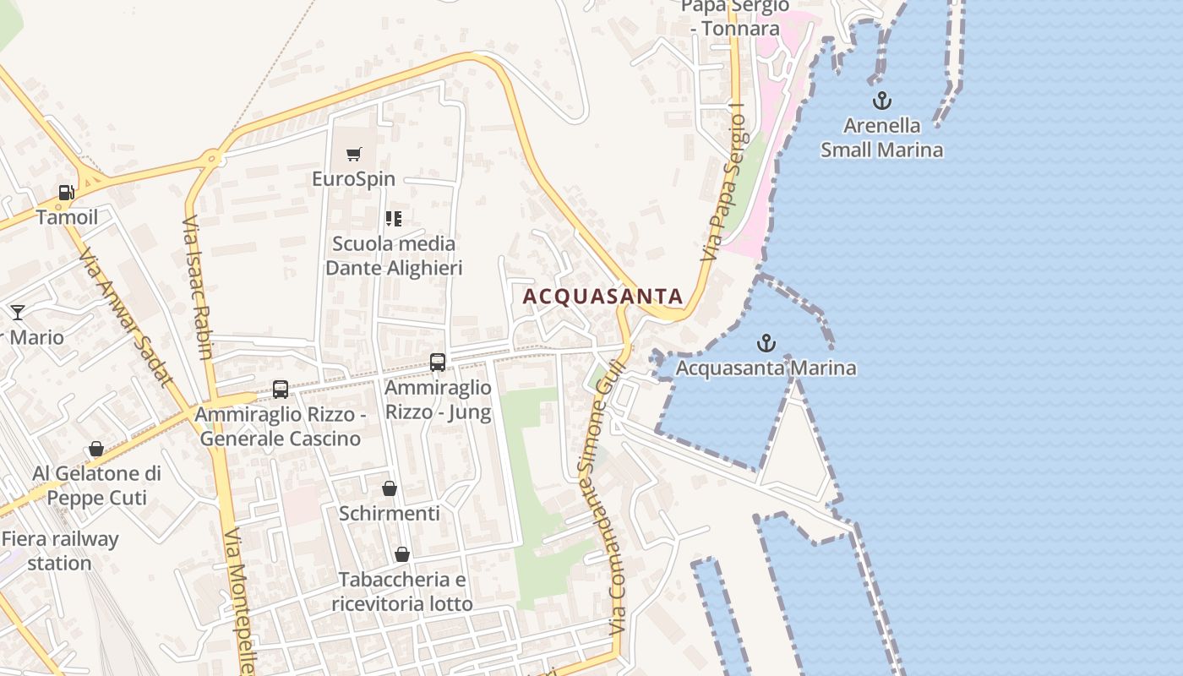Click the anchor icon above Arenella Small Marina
[x=881, y=101]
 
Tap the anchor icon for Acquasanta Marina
[x=766, y=343]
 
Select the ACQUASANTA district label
[x=602, y=297]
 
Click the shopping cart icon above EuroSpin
[x=353, y=154]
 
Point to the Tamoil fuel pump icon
[x=66, y=193]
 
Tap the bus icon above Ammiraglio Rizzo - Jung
[x=438, y=363]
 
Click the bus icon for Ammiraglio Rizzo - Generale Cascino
[x=281, y=390]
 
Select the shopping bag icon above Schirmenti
[x=390, y=488]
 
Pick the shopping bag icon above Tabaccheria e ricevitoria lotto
[x=402, y=554]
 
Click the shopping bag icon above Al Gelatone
[x=96, y=449]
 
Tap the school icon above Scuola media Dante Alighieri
[x=393, y=219]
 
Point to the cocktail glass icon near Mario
[x=18, y=313]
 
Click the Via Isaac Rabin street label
[x=199, y=288]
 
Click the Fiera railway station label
[x=59, y=551]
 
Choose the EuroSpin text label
[x=353, y=179]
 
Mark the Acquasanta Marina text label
[x=766, y=368]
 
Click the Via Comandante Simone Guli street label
[x=605, y=499]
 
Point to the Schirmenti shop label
[x=390, y=514]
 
